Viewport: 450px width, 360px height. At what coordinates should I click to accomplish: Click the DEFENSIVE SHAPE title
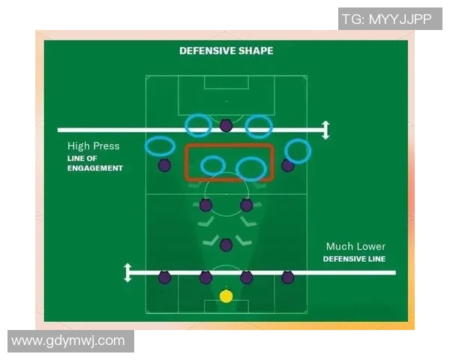click(x=226, y=51)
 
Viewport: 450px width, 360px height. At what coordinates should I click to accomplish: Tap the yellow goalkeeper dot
click(x=226, y=296)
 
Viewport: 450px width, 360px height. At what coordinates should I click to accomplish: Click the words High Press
click(x=93, y=146)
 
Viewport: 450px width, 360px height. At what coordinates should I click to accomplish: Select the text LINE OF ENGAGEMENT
click(x=94, y=163)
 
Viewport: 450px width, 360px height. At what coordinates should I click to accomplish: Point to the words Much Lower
click(x=355, y=247)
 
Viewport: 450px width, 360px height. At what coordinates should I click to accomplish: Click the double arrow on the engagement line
click(x=325, y=130)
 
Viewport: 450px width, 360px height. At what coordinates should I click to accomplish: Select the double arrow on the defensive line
click(x=127, y=272)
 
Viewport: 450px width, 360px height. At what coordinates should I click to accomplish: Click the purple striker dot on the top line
click(x=226, y=125)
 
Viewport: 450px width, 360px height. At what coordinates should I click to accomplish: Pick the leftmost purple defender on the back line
click(x=164, y=277)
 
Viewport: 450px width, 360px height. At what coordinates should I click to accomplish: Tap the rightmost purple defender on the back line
click(x=287, y=277)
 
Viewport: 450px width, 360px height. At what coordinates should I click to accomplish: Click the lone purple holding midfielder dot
click(x=226, y=244)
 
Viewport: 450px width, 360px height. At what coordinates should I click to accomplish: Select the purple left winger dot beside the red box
click(x=164, y=165)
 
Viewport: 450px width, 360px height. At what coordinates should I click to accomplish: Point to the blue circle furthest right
click(x=298, y=151)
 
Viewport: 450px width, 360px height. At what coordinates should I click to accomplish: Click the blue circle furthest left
click(x=160, y=146)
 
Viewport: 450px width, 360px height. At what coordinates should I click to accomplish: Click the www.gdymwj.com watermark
click(x=68, y=340)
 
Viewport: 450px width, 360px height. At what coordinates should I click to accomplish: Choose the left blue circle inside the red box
click(x=213, y=165)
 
